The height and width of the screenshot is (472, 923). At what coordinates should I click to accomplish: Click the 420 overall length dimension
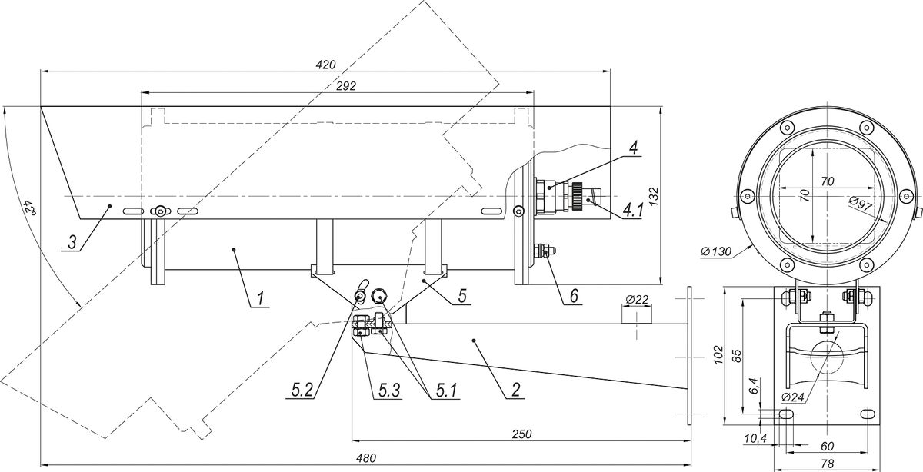click(x=325, y=65)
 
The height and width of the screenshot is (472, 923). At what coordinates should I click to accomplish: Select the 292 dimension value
click(x=346, y=86)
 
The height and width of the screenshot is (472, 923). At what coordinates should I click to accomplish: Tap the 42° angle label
click(x=30, y=208)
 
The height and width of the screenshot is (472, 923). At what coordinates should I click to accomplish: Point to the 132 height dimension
click(x=654, y=196)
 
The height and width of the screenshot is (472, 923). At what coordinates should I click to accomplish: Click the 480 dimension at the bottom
click(x=366, y=458)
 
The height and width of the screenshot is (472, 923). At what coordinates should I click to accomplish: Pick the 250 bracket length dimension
click(x=521, y=434)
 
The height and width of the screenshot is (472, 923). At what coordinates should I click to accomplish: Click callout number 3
click(x=72, y=242)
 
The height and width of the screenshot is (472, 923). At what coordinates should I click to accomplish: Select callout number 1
click(x=260, y=298)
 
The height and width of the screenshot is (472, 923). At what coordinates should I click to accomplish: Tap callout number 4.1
click(x=632, y=211)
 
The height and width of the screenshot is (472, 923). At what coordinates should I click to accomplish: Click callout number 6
click(x=574, y=296)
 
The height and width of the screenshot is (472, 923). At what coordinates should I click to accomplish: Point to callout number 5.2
click(x=302, y=390)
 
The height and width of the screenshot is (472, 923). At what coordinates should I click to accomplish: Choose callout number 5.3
click(x=389, y=390)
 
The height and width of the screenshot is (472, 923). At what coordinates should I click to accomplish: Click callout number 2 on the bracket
click(x=516, y=390)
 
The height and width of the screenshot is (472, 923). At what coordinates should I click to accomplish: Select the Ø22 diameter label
click(x=637, y=300)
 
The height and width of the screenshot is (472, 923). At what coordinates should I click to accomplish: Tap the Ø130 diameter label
click(x=716, y=251)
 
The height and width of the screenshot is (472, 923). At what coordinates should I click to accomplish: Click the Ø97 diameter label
click(x=861, y=204)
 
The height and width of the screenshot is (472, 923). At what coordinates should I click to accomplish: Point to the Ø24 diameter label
click(x=792, y=397)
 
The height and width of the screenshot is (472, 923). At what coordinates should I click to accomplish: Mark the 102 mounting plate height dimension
click(x=718, y=354)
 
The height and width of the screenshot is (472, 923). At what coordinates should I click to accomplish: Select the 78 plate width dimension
click(x=827, y=464)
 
